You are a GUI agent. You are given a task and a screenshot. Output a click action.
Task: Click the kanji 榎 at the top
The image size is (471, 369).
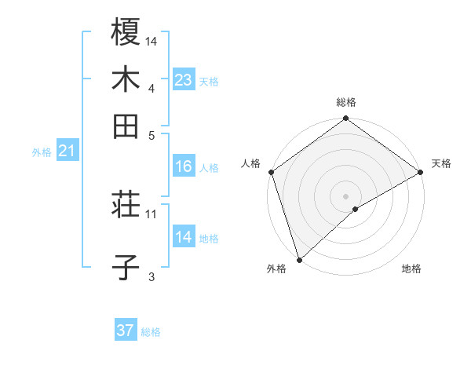[126, 33]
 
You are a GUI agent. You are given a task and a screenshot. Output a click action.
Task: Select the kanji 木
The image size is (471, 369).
[126, 80]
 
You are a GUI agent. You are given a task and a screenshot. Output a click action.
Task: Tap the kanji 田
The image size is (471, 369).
[126, 126]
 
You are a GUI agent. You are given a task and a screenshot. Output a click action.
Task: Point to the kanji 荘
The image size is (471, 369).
[126, 206]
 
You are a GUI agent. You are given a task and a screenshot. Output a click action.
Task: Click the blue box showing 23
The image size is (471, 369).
[183, 81]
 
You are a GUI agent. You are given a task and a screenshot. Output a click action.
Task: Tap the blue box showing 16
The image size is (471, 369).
[183, 166]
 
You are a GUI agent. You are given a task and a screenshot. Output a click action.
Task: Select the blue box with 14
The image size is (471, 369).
[183, 238]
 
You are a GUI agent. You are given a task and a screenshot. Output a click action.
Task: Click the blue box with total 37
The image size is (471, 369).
[126, 331]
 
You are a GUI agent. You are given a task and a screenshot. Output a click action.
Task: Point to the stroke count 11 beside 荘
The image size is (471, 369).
[152, 213]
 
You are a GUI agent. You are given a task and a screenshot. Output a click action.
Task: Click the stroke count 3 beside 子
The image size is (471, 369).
[152, 276]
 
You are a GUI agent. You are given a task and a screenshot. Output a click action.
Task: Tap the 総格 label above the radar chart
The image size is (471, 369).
[346, 103]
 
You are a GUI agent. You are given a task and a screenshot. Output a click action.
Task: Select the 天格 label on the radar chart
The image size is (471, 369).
[441, 164]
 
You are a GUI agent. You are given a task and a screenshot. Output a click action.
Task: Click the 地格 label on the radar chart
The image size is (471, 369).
[411, 269]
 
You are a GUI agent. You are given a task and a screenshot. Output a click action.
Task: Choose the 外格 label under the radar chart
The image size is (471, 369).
[276, 269]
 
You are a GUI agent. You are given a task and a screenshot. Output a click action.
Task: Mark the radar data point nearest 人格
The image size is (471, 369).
[271, 172]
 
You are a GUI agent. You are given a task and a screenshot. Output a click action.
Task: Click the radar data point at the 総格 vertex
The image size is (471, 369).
[346, 119]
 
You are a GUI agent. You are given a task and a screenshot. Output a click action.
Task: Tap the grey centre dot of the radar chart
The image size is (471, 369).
[346, 195]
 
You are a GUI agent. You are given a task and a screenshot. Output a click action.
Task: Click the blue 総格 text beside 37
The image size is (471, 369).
[151, 332]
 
